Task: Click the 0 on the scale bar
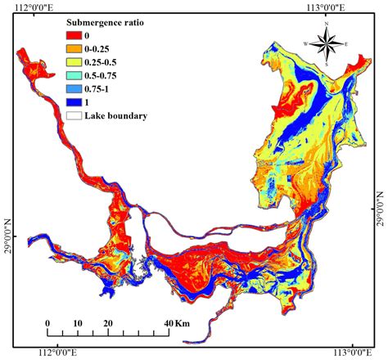[x=47, y=322]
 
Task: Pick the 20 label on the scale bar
[x=107, y=322]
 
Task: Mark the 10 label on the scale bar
[x=77, y=322]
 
